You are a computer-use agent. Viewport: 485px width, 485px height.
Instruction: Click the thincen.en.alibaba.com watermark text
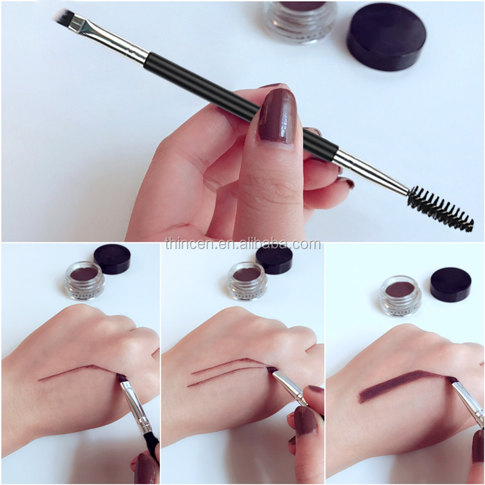pos(242,244)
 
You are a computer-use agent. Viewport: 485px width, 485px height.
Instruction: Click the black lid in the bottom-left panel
pos(113,259)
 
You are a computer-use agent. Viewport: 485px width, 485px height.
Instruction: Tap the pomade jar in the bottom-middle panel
pos(246,280)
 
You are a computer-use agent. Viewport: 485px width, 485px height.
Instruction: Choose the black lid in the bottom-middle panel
pos(274,259)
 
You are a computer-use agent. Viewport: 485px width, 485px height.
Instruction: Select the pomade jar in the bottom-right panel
pos(401,295)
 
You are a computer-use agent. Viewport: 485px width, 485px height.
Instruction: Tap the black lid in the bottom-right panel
pos(450,285)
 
